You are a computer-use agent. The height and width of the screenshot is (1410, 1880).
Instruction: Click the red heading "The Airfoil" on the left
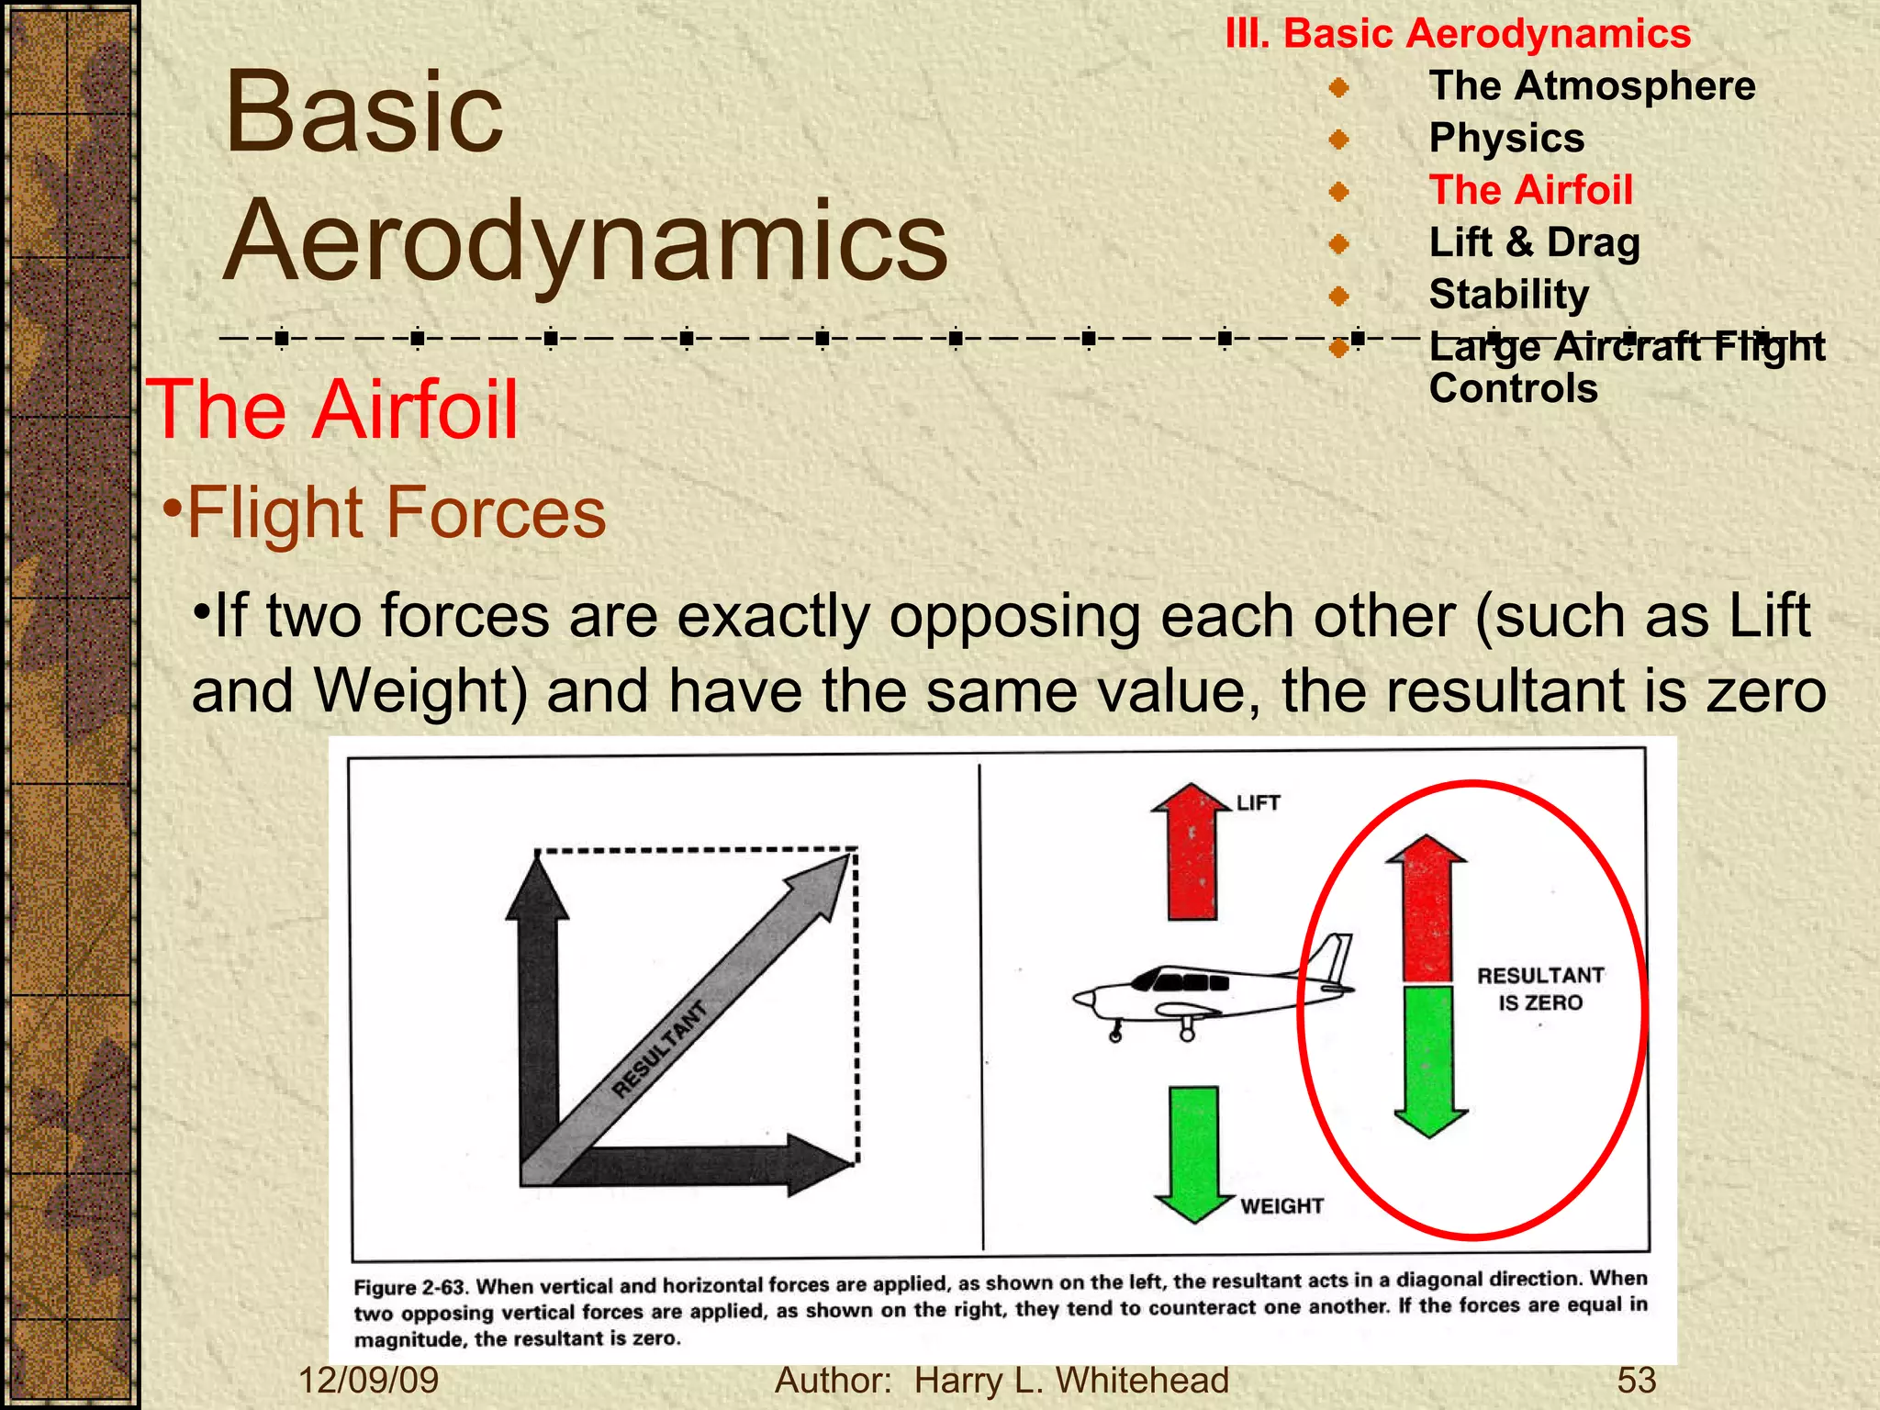[x=332, y=410]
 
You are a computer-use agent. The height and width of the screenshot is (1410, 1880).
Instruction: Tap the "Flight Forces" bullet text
[x=396, y=512]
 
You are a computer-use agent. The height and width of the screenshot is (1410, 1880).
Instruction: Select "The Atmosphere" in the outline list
[x=1592, y=86]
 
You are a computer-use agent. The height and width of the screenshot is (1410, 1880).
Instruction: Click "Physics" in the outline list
[x=1506, y=139]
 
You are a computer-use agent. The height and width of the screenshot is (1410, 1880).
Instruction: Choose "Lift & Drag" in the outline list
[x=1534, y=243]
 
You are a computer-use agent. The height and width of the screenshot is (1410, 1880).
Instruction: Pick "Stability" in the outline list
[x=1508, y=295]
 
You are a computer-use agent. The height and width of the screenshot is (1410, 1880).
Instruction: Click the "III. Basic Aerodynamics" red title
[x=1458, y=34]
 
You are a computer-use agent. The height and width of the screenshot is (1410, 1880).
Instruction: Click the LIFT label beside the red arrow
[x=1258, y=803]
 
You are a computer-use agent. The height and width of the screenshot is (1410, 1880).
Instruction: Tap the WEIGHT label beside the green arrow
[x=1281, y=1205]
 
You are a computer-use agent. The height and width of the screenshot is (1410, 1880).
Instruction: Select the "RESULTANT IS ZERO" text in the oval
[x=1540, y=989]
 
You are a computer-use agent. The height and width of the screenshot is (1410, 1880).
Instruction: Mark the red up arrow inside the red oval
[x=1427, y=909]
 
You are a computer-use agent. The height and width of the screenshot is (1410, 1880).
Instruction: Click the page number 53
[x=1636, y=1381]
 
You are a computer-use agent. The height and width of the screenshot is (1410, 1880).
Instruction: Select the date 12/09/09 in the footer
[x=369, y=1381]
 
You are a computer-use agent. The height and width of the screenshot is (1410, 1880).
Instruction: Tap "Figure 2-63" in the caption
[x=409, y=1287]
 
